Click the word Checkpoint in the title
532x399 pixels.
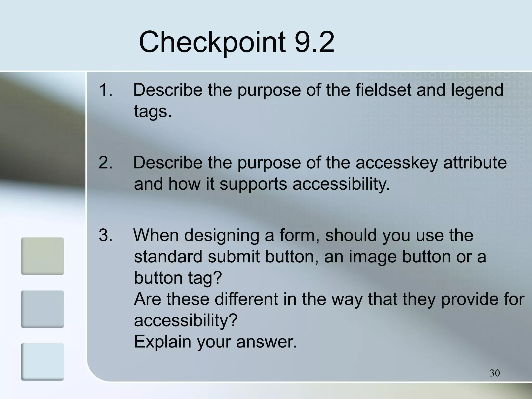pos(212,42)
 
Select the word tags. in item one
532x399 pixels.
pos(153,112)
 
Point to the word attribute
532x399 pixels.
pos(475,163)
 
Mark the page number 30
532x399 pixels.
pos(495,373)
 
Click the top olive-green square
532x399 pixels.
pos(42,256)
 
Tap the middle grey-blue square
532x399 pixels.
pos(42,309)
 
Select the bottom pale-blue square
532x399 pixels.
pos(42,362)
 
